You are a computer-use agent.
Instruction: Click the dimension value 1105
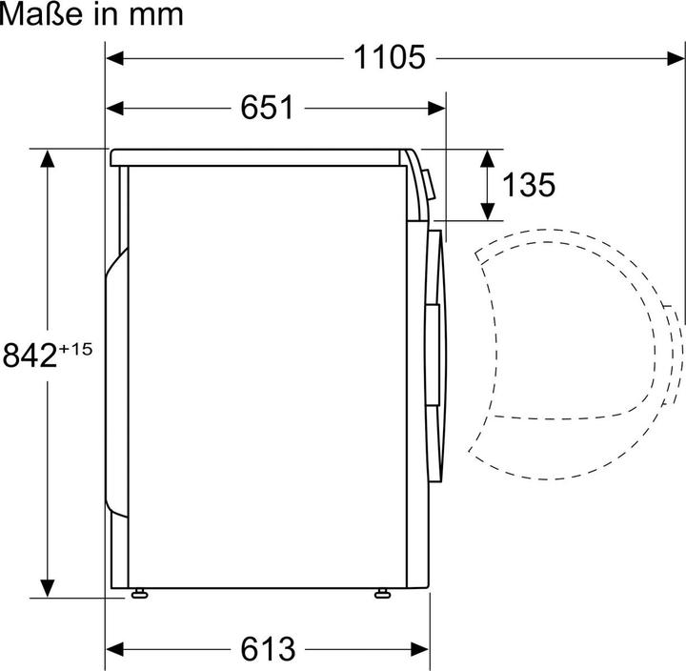pyautogui.click(x=390, y=58)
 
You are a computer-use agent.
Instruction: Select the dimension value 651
pyautogui.click(x=266, y=108)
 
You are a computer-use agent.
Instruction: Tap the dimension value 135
pyautogui.click(x=529, y=184)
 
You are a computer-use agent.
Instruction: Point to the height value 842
pyautogui.click(x=30, y=355)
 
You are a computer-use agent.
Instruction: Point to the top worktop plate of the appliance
pyautogui.click(x=257, y=155)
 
